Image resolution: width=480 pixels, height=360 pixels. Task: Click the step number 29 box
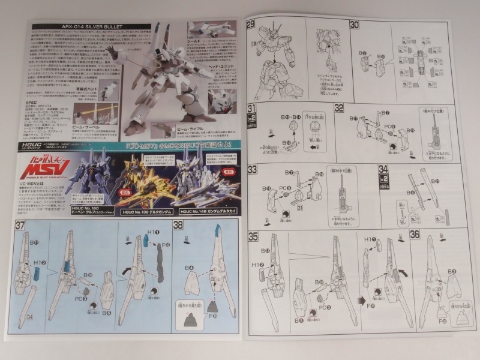click(252, 25)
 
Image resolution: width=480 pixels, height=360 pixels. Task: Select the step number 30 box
click(355, 25)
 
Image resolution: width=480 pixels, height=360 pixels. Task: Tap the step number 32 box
click(356, 108)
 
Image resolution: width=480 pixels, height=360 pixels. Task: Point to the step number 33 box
click(252, 170)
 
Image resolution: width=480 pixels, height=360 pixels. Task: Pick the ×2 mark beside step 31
click(251, 120)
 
